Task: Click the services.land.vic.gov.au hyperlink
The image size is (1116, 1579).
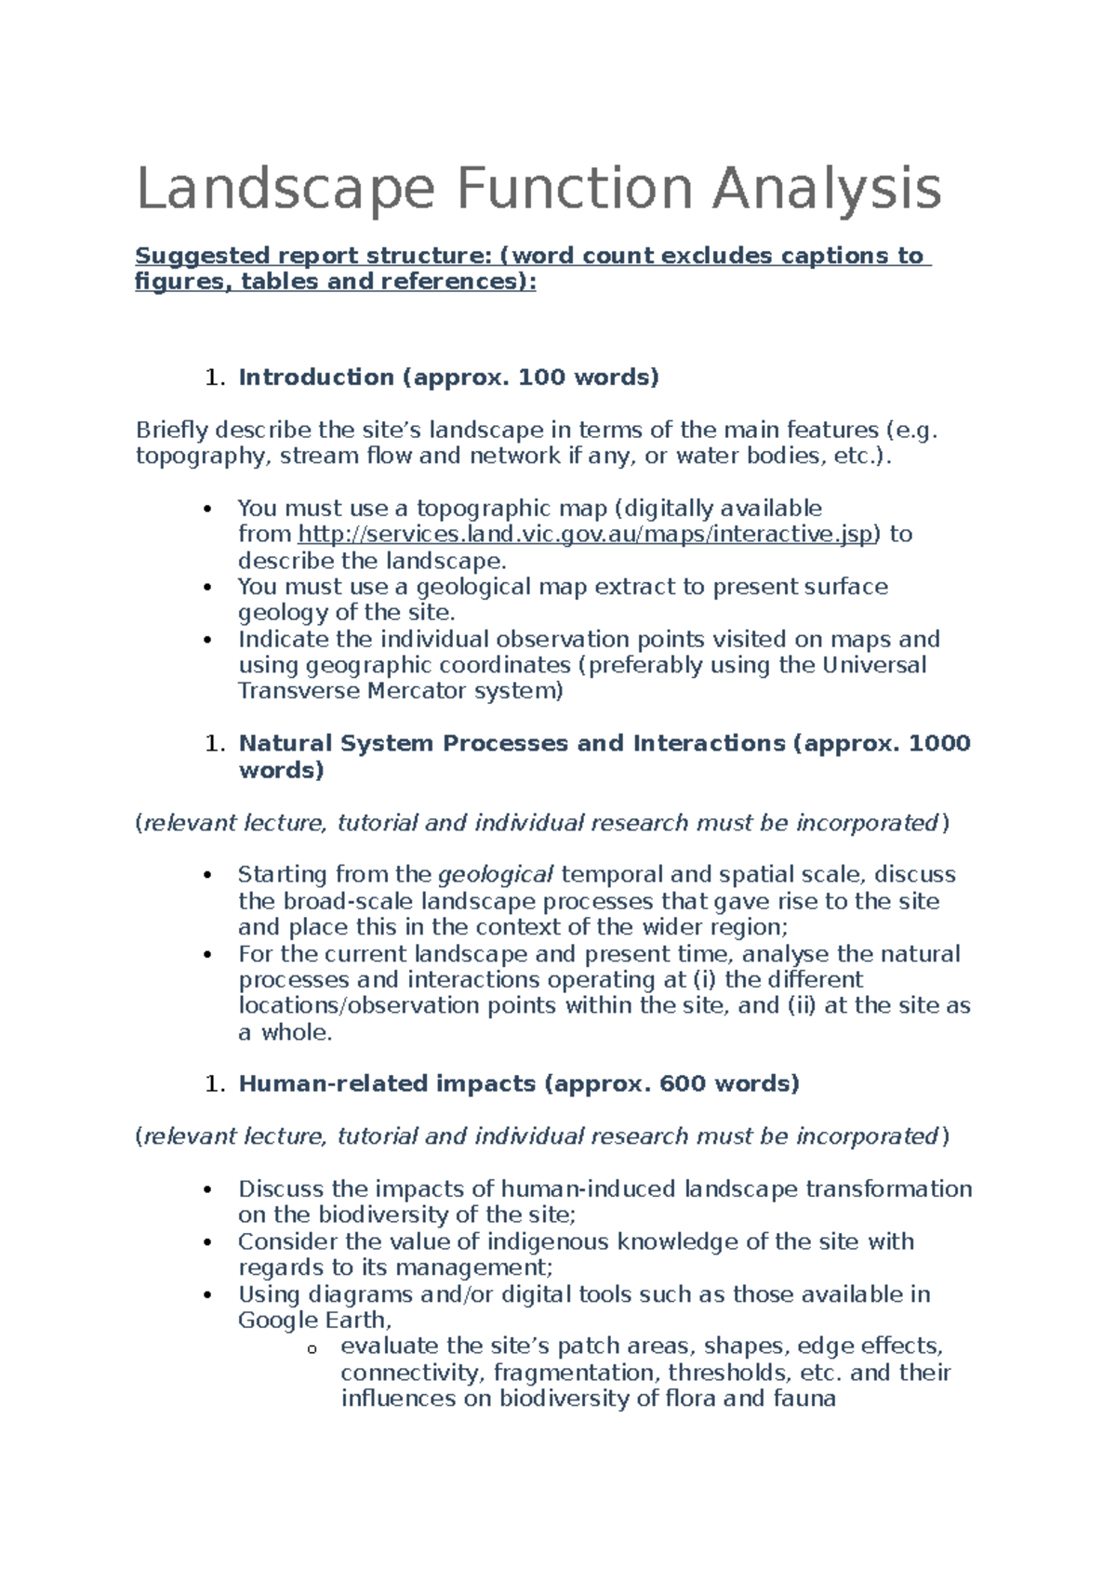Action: pos(585,535)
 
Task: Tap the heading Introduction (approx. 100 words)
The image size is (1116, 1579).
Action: pos(448,377)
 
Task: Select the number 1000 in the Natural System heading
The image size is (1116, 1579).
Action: pos(938,743)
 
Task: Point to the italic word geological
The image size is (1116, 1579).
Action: pos(496,875)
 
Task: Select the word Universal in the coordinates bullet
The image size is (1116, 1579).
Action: pos(874,665)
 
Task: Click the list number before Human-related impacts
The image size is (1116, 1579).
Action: pos(215,1084)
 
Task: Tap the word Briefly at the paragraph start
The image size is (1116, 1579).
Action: pos(172,430)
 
